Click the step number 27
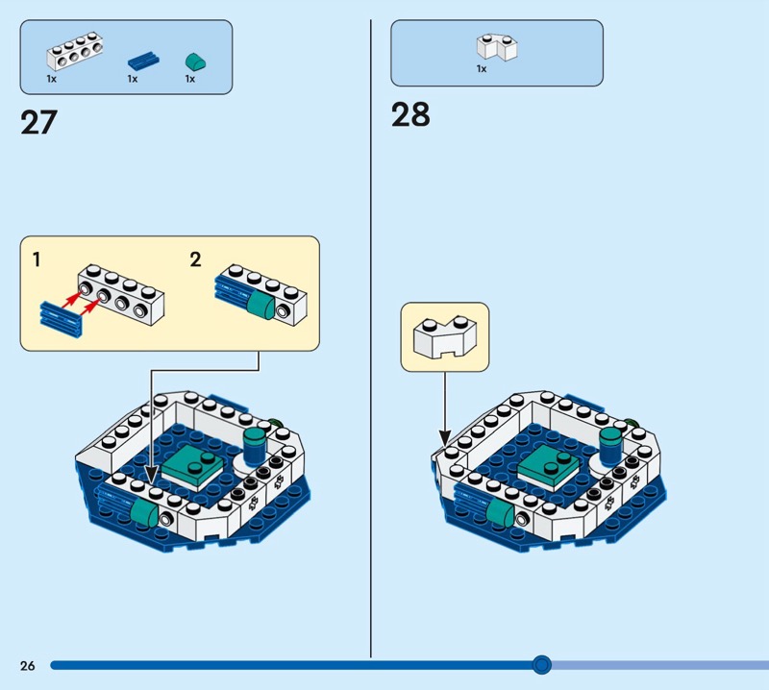(38, 123)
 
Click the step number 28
(410, 115)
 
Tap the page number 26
(27, 665)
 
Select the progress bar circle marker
(542, 664)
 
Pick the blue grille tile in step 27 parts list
(141, 61)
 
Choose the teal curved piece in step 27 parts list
(194, 61)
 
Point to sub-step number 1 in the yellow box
(37, 259)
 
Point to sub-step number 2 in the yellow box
(196, 259)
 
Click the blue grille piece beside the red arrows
(60, 313)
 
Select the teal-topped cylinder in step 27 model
(255, 446)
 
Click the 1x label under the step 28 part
(481, 69)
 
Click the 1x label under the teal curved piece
(190, 79)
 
